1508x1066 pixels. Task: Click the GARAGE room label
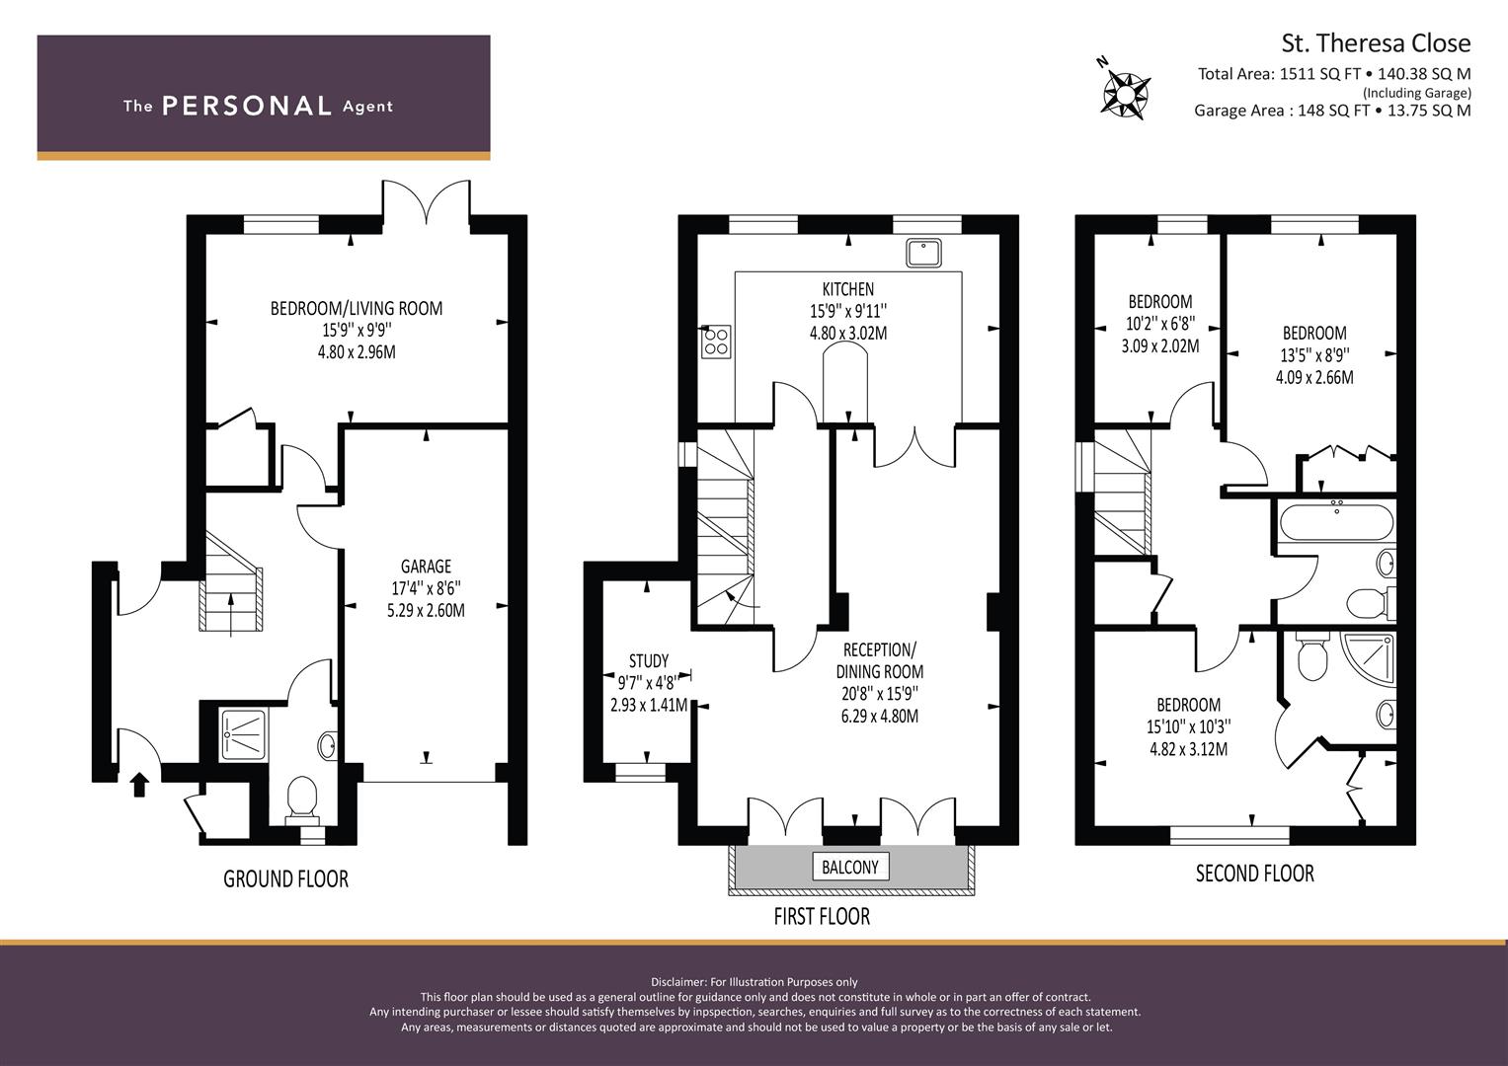click(x=426, y=566)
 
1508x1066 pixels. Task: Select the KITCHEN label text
click(x=847, y=289)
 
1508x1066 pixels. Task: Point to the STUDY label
click(x=648, y=660)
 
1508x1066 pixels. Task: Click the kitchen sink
click(x=923, y=253)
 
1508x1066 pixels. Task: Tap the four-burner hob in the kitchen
click(x=716, y=342)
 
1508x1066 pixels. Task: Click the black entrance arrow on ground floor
click(x=139, y=784)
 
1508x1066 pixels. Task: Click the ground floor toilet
click(x=300, y=797)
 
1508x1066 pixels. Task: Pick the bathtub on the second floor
click(x=1336, y=520)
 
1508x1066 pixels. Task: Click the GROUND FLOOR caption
click(x=285, y=878)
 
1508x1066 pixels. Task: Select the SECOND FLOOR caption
click(x=1254, y=874)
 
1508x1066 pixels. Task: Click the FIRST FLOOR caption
click(x=821, y=917)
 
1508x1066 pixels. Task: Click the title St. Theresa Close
click(x=1375, y=43)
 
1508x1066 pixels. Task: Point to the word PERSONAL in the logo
click(x=246, y=107)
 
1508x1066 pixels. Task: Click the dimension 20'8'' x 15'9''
click(x=879, y=694)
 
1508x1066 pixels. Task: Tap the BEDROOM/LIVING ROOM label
click(x=356, y=308)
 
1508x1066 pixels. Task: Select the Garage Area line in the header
click(x=1331, y=111)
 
